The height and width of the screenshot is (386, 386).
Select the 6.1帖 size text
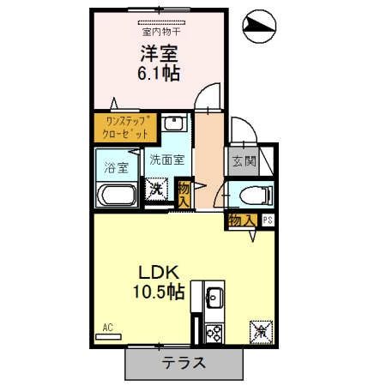pyautogui.click(x=158, y=73)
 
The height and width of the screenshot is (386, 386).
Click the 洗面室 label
pyautogui.click(x=166, y=159)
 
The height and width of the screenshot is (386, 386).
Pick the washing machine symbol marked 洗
pyautogui.click(x=156, y=188)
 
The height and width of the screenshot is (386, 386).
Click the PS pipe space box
pyautogui.click(x=268, y=220)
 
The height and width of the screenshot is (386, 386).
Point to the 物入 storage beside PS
pyautogui.click(x=241, y=220)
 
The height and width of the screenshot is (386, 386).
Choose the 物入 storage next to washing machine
pyautogui.click(x=184, y=190)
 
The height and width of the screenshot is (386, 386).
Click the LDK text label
pyautogui.click(x=158, y=272)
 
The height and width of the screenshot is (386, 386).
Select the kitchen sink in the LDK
pyautogui.click(x=213, y=299)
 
